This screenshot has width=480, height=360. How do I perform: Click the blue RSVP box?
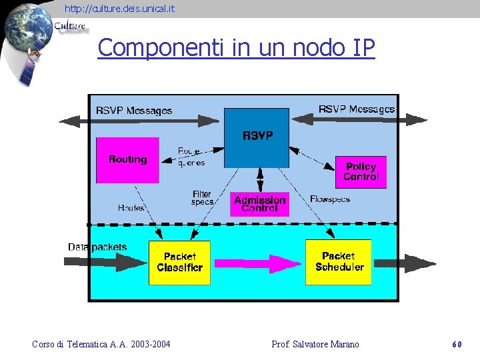(x=257, y=137)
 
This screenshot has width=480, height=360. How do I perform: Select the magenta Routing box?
(x=127, y=160)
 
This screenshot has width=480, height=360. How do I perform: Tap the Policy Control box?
(x=361, y=172)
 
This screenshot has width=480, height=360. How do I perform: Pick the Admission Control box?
(x=259, y=204)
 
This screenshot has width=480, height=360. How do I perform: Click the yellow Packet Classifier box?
(x=179, y=262)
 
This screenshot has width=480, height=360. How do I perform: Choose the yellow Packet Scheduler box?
(x=338, y=261)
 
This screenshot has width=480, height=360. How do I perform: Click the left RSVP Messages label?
(x=133, y=111)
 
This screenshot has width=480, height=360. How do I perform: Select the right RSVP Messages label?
(x=356, y=109)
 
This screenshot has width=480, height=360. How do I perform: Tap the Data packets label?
(x=97, y=247)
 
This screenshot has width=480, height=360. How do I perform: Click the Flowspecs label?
(x=330, y=199)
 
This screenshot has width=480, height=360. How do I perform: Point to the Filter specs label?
(x=202, y=198)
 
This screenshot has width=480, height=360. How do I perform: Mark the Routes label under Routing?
(x=131, y=208)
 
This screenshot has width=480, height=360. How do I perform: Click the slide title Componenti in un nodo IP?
(x=236, y=48)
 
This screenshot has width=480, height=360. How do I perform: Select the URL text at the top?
(x=120, y=9)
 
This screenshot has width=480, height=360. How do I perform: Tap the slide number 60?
(x=457, y=345)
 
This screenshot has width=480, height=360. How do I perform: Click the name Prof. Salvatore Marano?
(x=315, y=345)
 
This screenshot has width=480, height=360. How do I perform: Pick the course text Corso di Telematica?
(x=101, y=345)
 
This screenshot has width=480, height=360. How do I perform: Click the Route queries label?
(x=191, y=157)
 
